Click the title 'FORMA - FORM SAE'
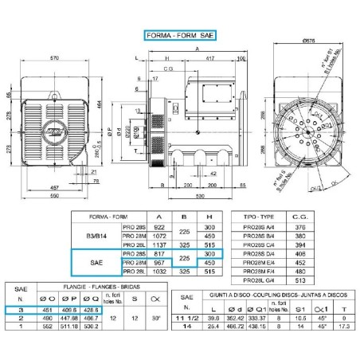coord(179,35)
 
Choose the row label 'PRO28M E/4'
coord(258,257)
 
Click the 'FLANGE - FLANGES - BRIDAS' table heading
coord(89,291)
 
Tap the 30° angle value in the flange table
coord(154,317)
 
